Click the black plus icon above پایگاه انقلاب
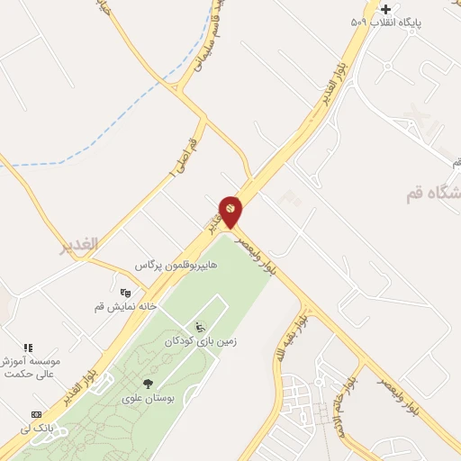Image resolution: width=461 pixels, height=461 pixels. coord(385,8)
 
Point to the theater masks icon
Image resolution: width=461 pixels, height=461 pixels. coord(125,292)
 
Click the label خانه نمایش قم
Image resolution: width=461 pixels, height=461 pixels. coord(126,306)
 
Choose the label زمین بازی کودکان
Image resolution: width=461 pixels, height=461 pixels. coord(200,341)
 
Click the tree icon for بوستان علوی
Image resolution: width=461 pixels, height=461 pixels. coord(149,384)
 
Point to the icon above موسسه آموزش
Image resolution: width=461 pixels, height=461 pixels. coord(28,347)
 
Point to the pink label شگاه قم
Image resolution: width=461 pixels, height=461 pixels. coord(432,192)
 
